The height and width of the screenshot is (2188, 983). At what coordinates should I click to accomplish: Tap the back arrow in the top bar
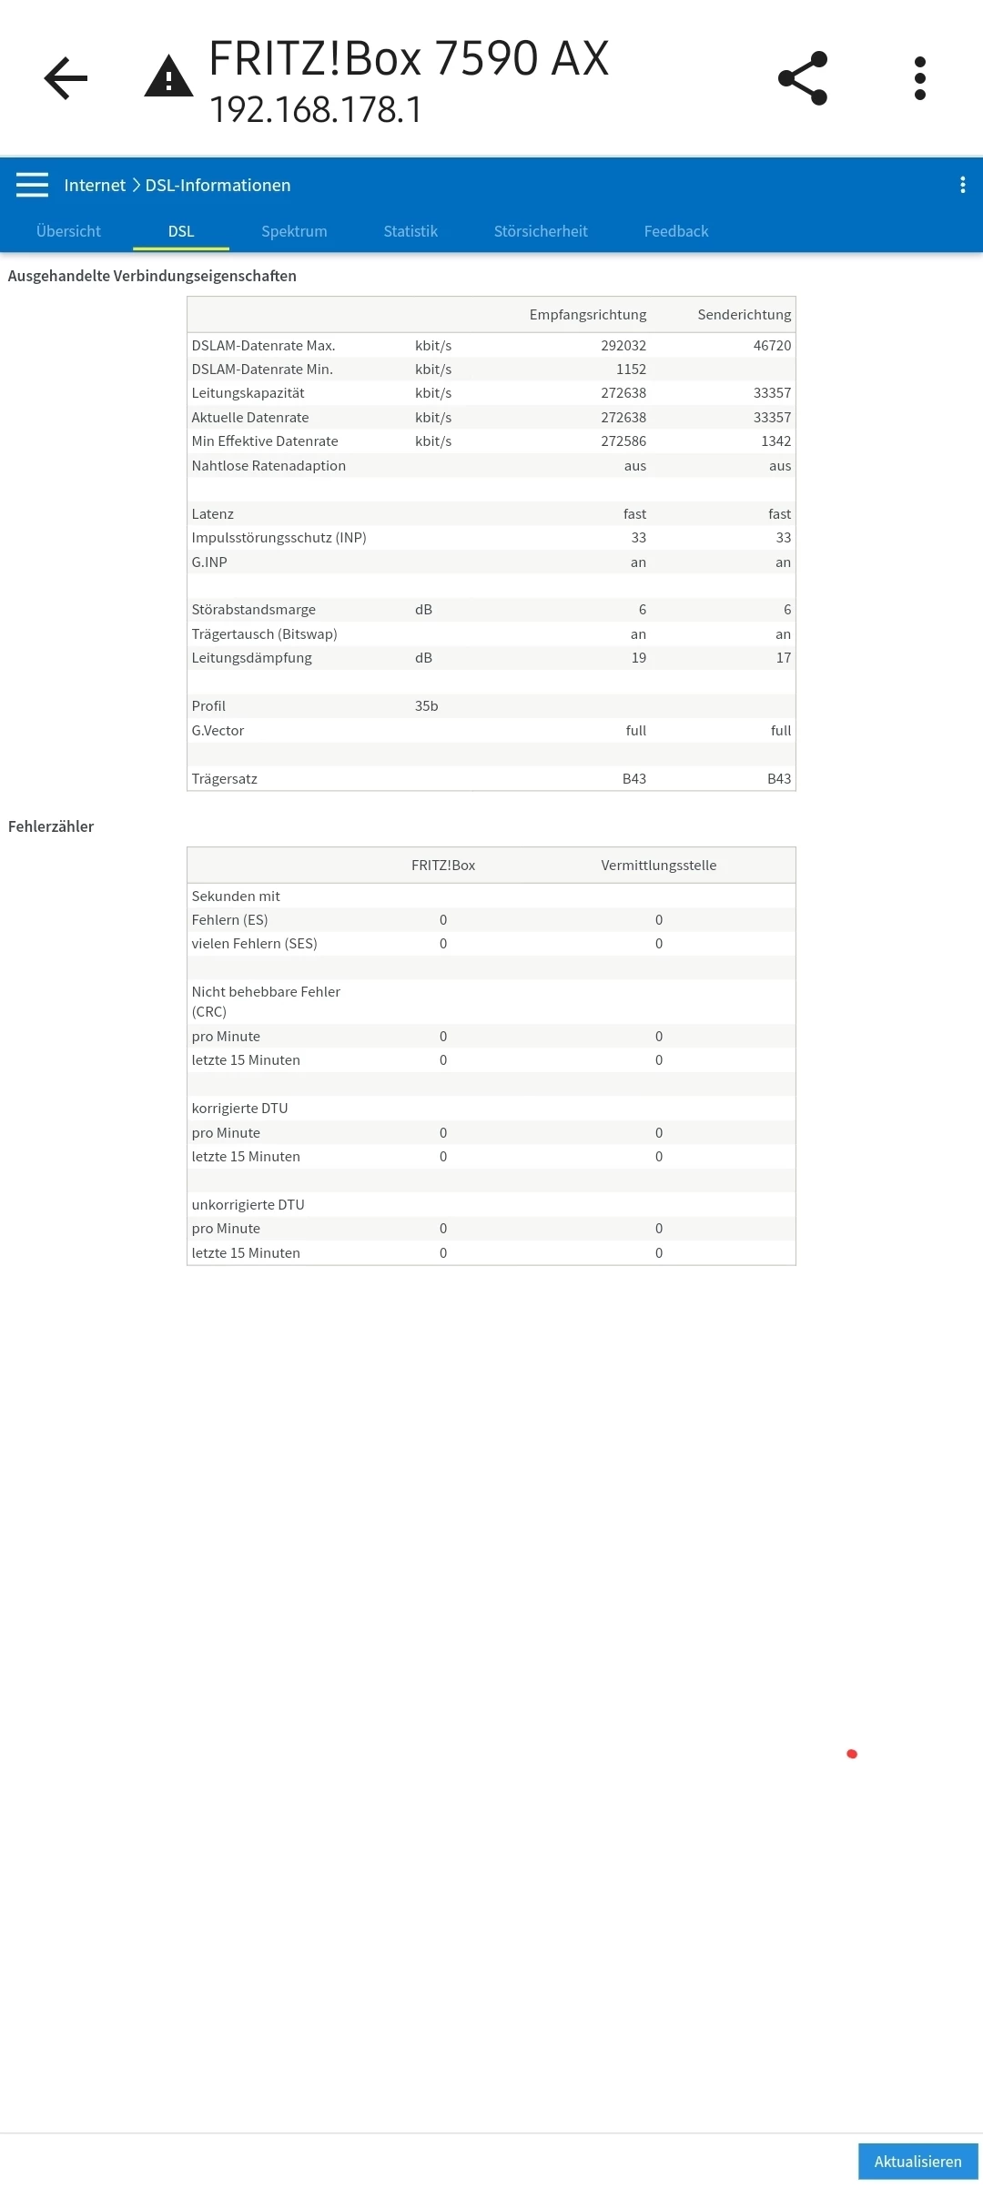point(66,78)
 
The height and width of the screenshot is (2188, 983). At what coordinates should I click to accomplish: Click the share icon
point(803,78)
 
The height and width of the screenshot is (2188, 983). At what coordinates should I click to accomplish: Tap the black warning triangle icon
point(168,77)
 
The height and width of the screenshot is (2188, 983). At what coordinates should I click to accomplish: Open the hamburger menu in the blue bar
point(32,185)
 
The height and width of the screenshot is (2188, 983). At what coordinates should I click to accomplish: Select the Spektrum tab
point(294,231)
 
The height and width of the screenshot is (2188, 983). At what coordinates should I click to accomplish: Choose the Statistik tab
point(410,231)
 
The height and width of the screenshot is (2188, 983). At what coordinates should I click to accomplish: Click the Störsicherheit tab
point(541,231)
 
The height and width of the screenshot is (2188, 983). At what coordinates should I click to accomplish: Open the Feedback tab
point(676,231)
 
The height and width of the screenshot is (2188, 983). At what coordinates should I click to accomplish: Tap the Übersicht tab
point(68,231)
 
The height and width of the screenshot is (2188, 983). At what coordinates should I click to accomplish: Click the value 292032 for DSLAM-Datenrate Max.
point(623,346)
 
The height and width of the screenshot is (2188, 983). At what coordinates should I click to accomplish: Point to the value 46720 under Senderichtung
point(772,346)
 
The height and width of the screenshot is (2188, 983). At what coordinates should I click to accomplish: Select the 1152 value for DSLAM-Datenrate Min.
point(631,370)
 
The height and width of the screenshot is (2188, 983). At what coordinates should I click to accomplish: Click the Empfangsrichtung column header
point(588,315)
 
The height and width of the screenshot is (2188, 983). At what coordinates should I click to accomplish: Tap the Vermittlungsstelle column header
point(658,866)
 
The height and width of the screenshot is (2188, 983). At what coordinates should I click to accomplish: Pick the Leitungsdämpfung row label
point(251,658)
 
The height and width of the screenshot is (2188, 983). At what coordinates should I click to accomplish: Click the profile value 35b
point(426,706)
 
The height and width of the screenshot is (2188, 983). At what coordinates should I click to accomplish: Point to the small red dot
point(852,1754)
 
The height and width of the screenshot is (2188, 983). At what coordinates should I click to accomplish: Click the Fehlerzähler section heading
point(51,826)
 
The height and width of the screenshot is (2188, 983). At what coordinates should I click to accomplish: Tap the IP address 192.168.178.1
point(316,110)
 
